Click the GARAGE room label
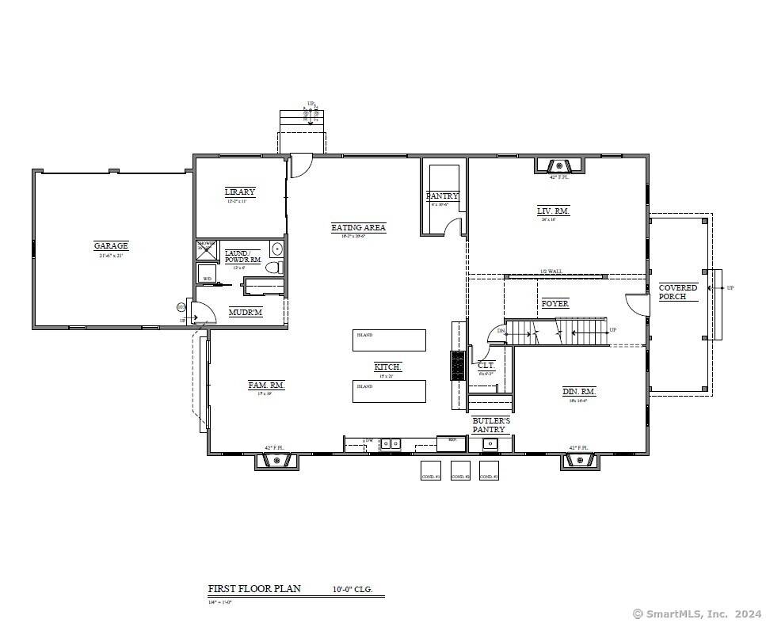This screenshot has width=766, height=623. click(111, 246)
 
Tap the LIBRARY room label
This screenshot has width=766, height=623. click(240, 192)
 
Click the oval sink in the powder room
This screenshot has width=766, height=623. click(276, 249)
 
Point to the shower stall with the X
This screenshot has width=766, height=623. click(206, 249)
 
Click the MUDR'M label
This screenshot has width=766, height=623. click(245, 313)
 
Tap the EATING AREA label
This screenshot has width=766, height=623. click(358, 228)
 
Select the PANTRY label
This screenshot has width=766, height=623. click(442, 196)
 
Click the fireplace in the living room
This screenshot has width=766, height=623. click(560, 166)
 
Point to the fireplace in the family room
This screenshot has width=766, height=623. click(276, 461)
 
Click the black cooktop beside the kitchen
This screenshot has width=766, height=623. click(459, 366)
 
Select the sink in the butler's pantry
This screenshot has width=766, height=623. click(490, 443)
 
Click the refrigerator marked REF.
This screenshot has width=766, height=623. click(452, 443)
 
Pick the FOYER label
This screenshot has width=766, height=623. click(554, 304)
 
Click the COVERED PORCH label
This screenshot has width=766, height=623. click(678, 292)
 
